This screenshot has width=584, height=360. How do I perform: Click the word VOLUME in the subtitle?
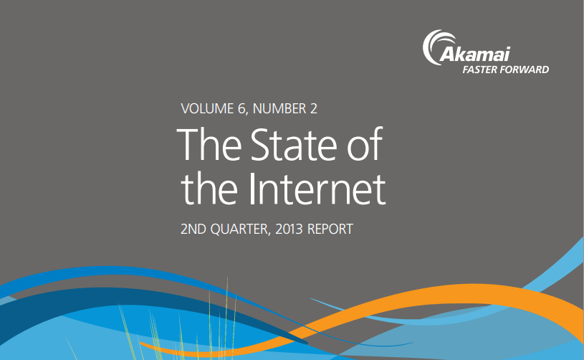pos(207,109)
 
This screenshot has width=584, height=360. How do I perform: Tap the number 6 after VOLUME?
pos(242,109)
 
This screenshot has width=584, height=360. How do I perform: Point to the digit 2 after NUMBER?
pos(313,109)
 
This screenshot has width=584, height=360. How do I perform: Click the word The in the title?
pos(209,144)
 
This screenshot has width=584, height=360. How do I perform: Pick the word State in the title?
pos(294,145)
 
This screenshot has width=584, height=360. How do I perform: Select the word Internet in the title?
pos(317,189)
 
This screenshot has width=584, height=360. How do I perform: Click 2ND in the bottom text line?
pos(193,229)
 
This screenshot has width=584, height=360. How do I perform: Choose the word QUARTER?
pos(240,229)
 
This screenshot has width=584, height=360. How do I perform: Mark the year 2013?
pos(289,229)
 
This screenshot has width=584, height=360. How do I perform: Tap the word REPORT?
pos(330,229)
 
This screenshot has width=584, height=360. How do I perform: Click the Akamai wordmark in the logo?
pos(475,54)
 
